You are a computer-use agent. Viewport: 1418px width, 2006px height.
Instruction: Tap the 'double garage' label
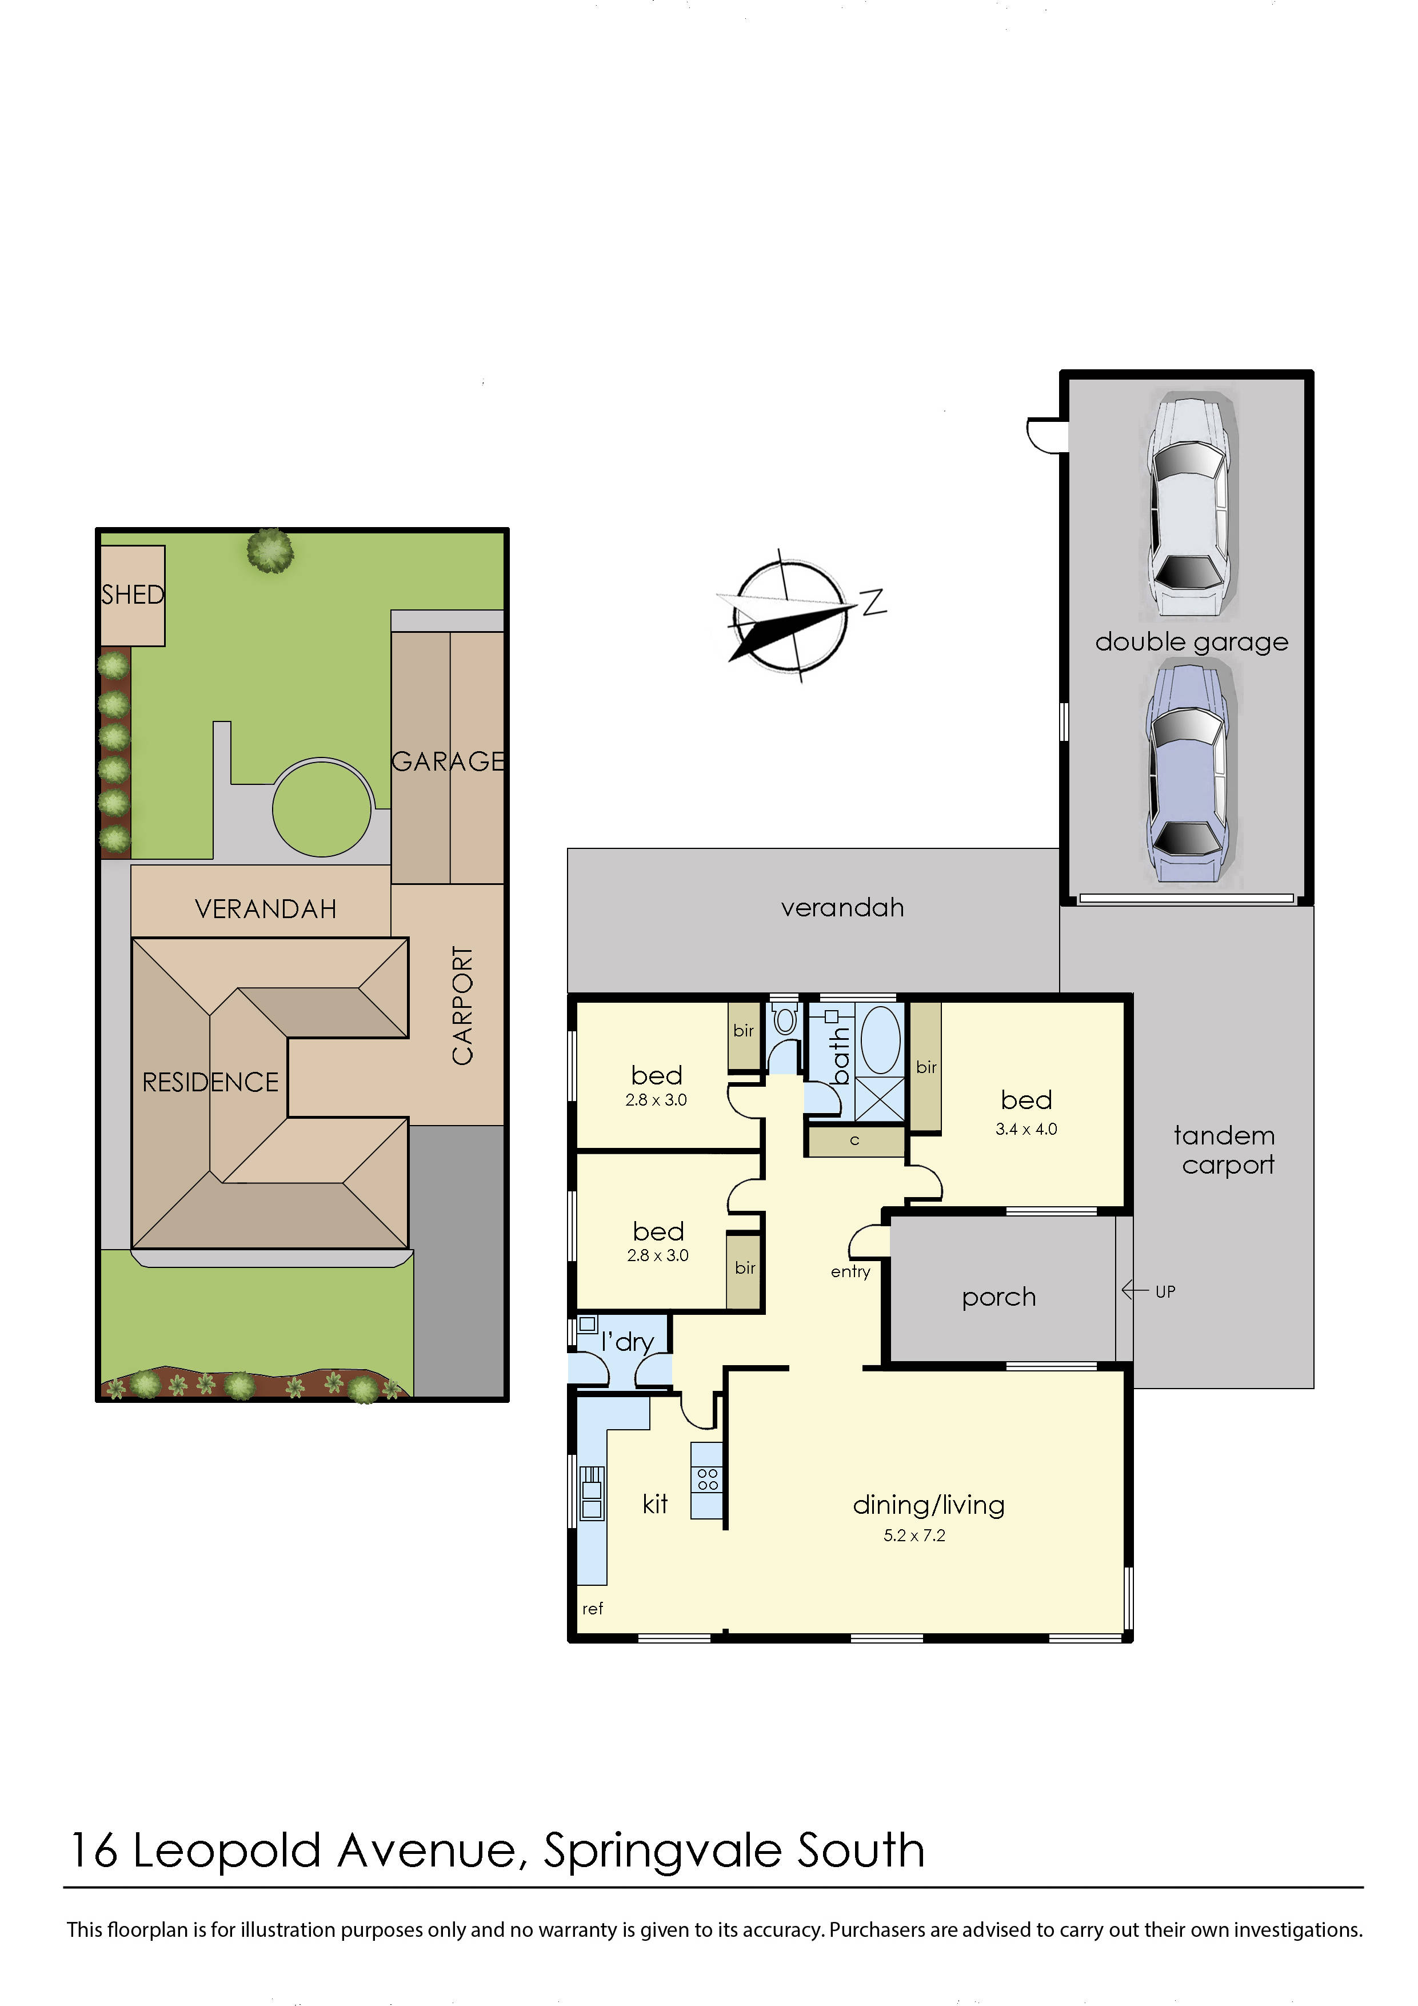pyautogui.click(x=1191, y=642)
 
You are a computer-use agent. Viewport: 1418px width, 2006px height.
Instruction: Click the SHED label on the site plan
pyautogui.click(x=133, y=595)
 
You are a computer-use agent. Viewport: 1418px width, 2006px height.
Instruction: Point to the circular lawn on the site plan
pyautogui.click(x=322, y=808)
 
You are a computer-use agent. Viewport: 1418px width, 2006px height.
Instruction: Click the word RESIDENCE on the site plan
pyautogui.click(x=210, y=1083)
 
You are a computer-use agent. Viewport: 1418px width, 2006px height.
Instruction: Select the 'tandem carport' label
pyautogui.click(x=1225, y=1150)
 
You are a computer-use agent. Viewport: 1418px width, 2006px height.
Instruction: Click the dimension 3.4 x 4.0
pyautogui.click(x=1026, y=1129)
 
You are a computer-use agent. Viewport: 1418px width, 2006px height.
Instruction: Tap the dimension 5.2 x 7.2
pyautogui.click(x=914, y=1535)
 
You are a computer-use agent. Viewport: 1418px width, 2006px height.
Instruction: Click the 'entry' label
pyautogui.click(x=850, y=1271)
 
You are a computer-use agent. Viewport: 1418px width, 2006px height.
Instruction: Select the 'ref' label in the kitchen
pyautogui.click(x=592, y=1609)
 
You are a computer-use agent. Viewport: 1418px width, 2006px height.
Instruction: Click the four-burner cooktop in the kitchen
pyautogui.click(x=708, y=1479)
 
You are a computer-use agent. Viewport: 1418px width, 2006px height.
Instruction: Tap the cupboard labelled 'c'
pyautogui.click(x=854, y=1140)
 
